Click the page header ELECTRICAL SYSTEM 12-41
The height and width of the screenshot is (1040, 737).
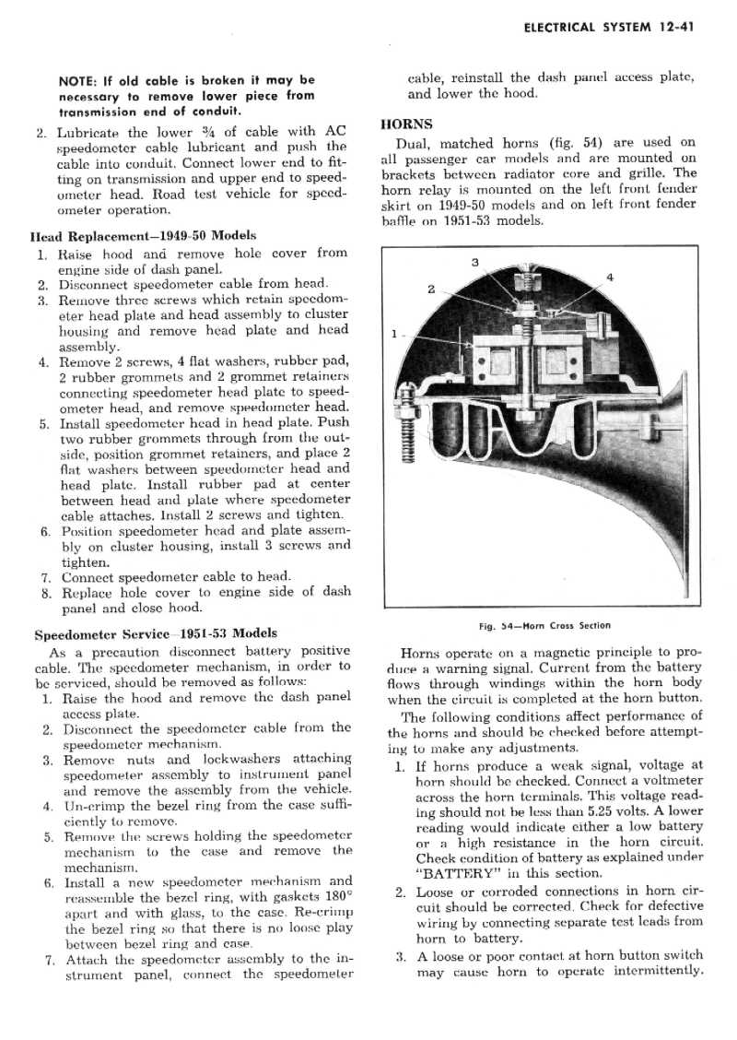click(x=607, y=28)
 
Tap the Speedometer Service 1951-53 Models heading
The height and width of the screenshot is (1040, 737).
click(x=155, y=634)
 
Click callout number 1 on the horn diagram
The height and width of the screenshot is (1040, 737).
click(x=393, y=334)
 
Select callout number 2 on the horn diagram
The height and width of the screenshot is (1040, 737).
click(x=430, y=290)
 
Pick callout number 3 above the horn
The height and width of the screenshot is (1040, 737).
click(x=474, y=263)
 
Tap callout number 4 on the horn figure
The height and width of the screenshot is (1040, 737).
click(x=610, y=277)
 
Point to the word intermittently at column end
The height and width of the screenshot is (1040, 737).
click(x=653, y=971)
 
